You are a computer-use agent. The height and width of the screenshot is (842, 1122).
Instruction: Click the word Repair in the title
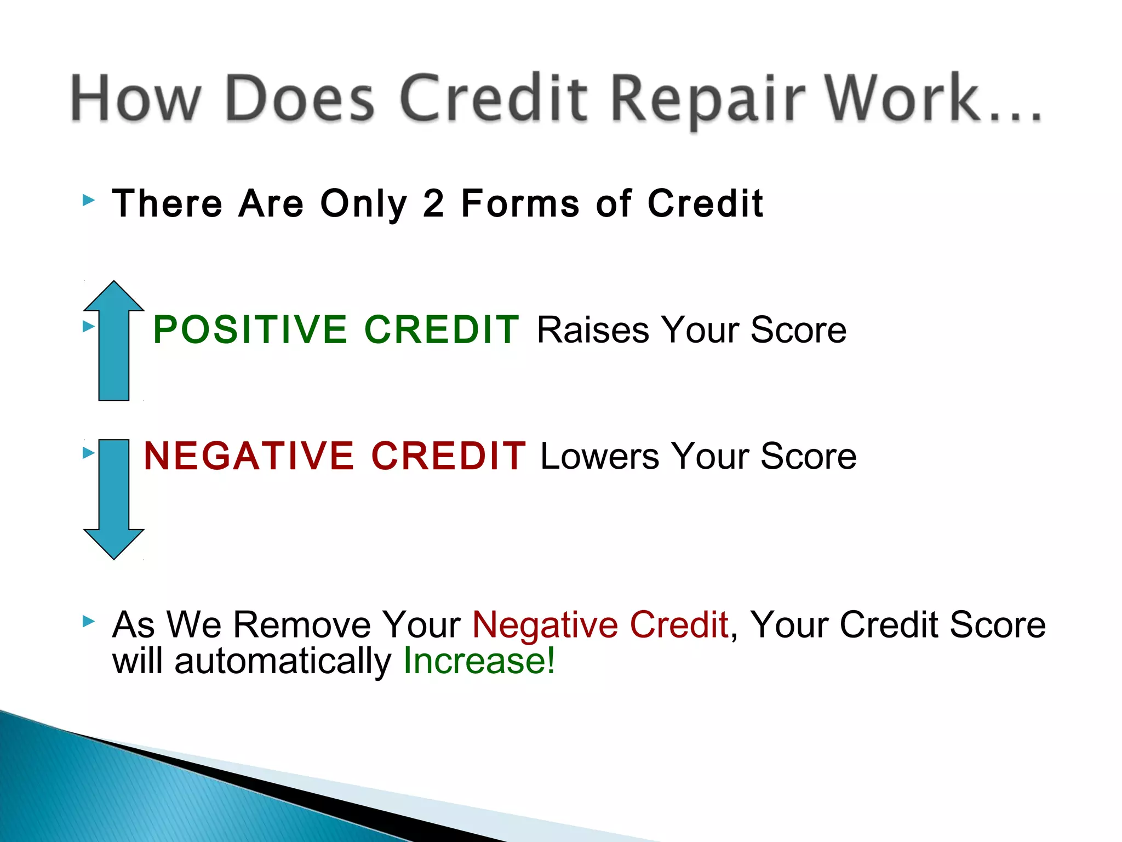point(707,99)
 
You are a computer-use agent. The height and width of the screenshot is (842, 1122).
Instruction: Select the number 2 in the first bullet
point(433,203)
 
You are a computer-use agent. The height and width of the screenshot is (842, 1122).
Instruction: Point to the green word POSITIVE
point(250,329)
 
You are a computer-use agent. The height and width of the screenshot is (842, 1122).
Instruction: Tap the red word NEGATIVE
point(249,456)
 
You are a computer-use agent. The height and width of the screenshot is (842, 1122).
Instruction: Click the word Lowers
point(599,456)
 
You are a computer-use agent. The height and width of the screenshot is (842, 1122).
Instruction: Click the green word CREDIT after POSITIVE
point(442,329)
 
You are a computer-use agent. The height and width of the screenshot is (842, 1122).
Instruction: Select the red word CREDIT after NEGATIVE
point(448,456)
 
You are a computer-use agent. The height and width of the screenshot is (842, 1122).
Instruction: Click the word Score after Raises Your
point(798,330)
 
